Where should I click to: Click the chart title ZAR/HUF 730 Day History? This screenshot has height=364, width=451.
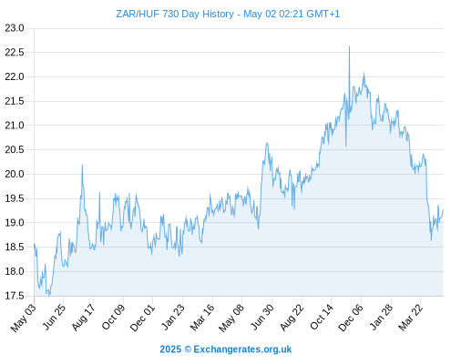(175, 14)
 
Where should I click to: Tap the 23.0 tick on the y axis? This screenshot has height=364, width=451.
(15, 28)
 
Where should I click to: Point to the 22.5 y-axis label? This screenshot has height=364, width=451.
(15, 53)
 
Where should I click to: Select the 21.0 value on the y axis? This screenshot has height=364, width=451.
(15, 126)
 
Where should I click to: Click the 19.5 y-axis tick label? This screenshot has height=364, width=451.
(15, 198)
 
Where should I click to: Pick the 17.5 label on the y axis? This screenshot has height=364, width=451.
(15, 296)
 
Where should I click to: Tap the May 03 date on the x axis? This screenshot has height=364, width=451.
(24, 318)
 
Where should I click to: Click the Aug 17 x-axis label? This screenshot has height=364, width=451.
(84, 317)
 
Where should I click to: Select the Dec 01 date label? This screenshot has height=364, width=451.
(142, 318)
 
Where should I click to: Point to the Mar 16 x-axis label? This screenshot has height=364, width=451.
(202, 317)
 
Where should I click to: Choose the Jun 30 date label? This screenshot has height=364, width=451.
(262, 317)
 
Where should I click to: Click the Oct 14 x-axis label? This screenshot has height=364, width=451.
(322, 317)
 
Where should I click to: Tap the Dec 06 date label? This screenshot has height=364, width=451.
(351, 318)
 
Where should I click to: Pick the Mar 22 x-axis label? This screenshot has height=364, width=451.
(411, 317)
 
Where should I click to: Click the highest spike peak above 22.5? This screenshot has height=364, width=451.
(349, 46)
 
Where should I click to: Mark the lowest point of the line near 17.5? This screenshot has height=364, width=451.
(49, 295)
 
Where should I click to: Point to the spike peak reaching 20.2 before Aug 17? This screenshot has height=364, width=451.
(82, 165)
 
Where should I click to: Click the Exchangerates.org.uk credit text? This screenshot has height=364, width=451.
(242, 349)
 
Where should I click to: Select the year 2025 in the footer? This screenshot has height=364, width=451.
(170, 349)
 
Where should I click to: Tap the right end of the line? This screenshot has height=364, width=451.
(443, 209)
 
